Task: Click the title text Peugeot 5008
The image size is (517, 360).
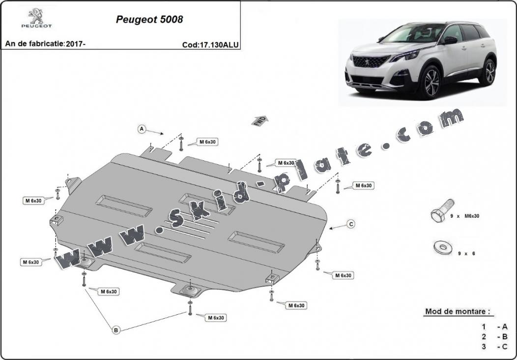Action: point(149,20)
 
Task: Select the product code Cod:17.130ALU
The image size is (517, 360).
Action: point(210,44)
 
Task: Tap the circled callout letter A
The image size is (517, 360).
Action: point(142,129)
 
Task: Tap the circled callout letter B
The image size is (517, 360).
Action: point(116,330)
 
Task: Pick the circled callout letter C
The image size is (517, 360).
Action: point(351,224)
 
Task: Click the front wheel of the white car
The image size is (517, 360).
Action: point(431,82)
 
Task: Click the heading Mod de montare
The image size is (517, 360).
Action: point(457,311)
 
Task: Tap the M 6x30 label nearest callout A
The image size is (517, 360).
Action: point(208,142)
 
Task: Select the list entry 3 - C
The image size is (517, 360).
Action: point(494,347)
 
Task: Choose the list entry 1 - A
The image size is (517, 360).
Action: point(494,327)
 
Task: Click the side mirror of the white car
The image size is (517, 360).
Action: point(450,40)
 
